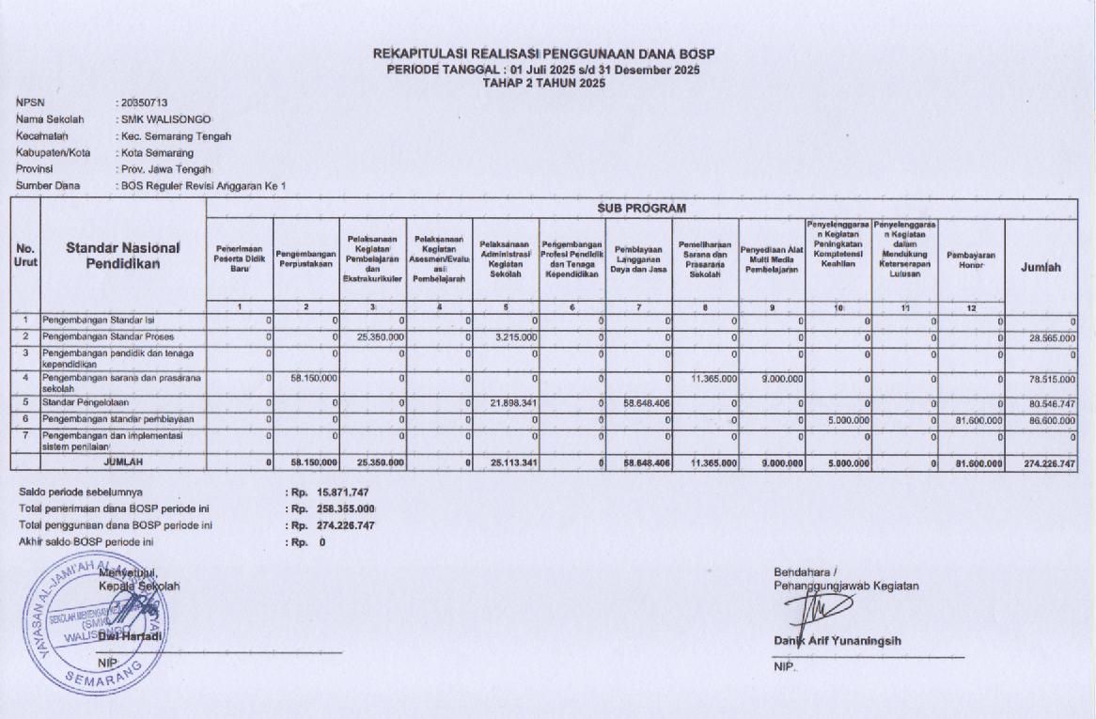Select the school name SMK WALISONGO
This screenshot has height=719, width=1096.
pyautogui.click(x=165, y=119)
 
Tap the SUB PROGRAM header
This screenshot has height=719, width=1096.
pyautogui.click(x=641, y=208)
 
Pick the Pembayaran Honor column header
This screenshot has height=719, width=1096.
pyautogui.click(x=971, y=260)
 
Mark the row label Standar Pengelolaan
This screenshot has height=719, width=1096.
pyautogui.click(x=86, y=402)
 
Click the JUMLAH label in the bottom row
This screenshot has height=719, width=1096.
pyautogui.click(x=122, y=462)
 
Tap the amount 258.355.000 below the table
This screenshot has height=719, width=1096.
pyautogui.click(x=346, y=508)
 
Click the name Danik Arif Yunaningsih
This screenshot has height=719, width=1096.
pyautogui.click(x=838, y=641)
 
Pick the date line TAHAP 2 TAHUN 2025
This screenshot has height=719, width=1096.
pyautogui.click(x=543, y=83)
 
